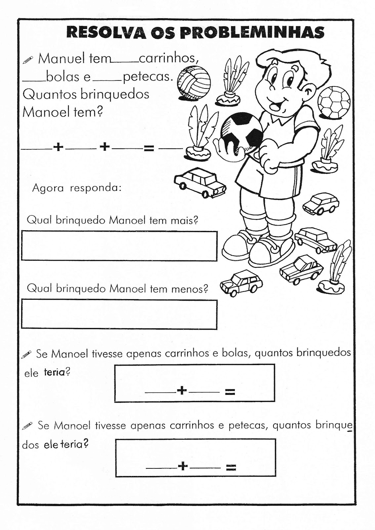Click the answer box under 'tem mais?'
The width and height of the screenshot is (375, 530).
(119, 245)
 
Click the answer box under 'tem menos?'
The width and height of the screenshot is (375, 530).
(119, 314)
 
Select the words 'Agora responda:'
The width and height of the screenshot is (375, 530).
(77, 188)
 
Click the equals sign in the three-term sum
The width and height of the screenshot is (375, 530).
(148, 148)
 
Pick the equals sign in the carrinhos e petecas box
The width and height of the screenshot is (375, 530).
(230, 467)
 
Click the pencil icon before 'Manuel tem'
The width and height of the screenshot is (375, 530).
(28, 60)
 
